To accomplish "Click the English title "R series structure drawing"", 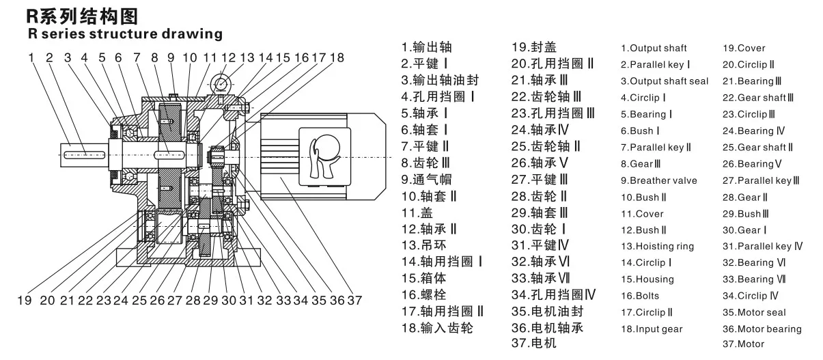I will point(125,33).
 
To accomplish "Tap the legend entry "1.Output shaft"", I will point(654,49).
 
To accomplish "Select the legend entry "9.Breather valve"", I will point(658,180).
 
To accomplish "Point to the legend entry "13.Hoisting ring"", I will point(657,246).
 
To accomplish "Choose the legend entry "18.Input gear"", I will point(652,329).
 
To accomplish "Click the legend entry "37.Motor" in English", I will point(743,344).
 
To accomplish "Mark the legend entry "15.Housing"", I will point(647,279).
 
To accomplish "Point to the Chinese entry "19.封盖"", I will point(534,47).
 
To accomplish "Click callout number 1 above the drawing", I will point(31,57).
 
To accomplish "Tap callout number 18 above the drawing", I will point(337,57).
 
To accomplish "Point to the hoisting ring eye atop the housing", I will point(221,83).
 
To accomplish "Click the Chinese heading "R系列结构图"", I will point(76,15).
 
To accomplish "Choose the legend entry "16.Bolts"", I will point(640,296).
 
